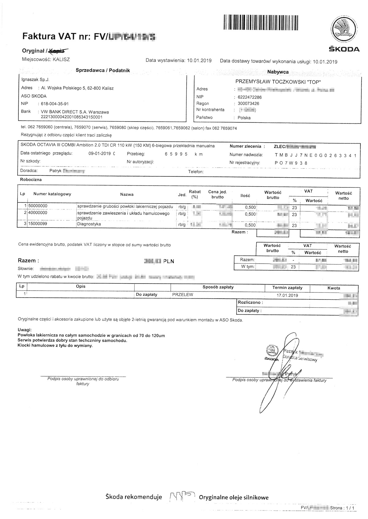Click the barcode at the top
point(261,22)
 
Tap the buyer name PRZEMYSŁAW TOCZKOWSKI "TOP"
point(278,81)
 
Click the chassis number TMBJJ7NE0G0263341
point(316,156)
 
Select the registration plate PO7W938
point(291,163)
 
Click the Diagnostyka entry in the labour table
point(89,224)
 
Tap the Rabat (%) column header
point(195,194)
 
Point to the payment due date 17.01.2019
point(287,295)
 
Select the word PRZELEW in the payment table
point(183,295)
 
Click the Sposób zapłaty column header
point(218,287)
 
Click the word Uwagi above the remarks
point(25,330)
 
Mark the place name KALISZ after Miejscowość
point(61,59)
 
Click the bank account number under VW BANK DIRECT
point(71,117)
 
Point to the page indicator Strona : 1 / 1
point(343,508)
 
